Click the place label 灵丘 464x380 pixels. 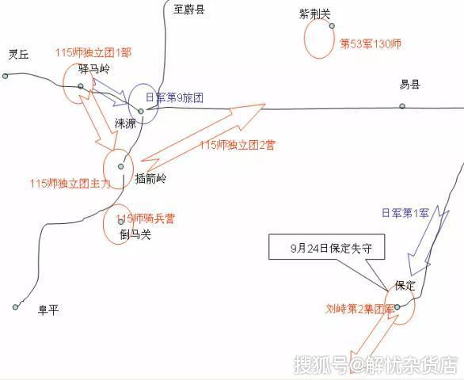18,54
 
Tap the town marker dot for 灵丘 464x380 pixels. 5,76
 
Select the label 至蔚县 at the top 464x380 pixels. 189,9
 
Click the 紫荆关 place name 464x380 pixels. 314,14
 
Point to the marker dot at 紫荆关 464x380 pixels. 332,26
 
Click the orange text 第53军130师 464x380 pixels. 371,44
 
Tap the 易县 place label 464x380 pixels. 409,85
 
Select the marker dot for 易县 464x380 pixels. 402,106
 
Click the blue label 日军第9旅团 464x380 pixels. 174,97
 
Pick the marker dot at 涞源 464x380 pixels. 141,112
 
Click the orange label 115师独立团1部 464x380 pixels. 93,53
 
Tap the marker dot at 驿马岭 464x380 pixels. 81,86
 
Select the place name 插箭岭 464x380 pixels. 150,178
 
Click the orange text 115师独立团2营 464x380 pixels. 238,145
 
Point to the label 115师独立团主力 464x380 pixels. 70,184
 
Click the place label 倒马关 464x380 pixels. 135,234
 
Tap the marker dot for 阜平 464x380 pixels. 15,307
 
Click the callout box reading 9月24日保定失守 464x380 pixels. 327,247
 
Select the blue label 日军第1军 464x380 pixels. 405,213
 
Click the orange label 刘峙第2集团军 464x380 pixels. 360,309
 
